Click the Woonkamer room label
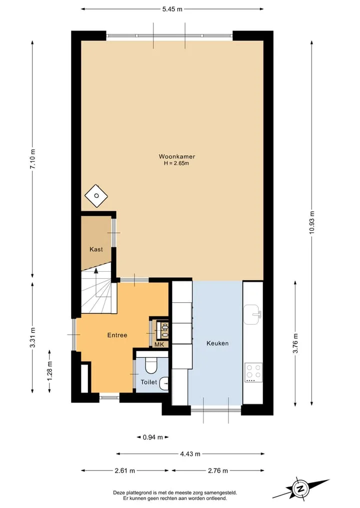click(x=177, y=156)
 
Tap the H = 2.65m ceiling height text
click(x=176, y=163)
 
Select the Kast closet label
click(x=96, y=249)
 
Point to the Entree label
click(x=117, y=335)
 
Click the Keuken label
click(x=217, y=343)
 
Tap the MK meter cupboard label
click(x=159, y=344)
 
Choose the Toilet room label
click(x=148, y=382)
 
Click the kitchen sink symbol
click(x=252, y=314)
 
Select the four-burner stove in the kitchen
click(x=253, y=373)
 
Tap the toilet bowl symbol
click(x=151, y=365)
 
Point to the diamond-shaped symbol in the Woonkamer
click(x=96, y=196)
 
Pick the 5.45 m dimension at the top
click(x=172, y=9)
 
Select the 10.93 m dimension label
click(x=311, y=222)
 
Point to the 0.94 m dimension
click(x=153, y=438)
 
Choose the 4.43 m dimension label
click(x=190, y=454)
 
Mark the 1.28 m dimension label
click(x=49, y=371)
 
